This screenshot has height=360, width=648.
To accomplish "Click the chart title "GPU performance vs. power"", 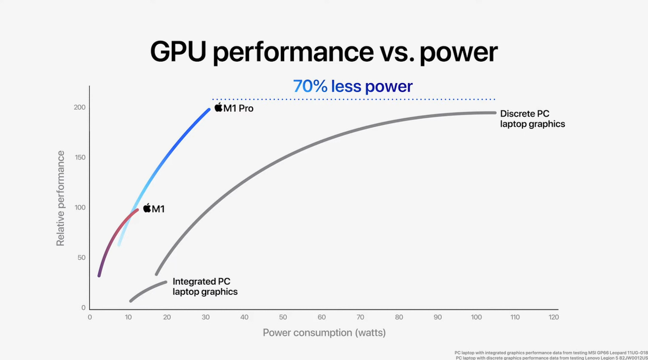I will tap(323, 52).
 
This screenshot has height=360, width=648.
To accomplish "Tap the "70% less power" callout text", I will tap(353, 86).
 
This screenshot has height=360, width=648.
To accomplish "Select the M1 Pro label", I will tap(239, 108).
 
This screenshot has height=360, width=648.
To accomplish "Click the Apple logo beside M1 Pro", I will tap(218, 107).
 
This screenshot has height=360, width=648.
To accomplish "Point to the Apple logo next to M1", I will tap(146, 208).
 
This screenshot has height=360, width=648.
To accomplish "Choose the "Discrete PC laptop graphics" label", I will tap(532, 119).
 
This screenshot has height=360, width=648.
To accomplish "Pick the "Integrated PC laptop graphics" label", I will tap(205, 287).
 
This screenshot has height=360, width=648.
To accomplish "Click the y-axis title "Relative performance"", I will tap(60, 199).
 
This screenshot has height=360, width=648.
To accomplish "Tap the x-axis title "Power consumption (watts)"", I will tap(324, 332).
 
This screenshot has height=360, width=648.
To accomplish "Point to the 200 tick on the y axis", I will tap(80, 107).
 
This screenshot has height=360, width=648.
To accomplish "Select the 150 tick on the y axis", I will tap(80, 158).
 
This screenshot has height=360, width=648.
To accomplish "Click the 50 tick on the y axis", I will tap(82, 257).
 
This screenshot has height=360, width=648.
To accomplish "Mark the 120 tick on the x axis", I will tap(553, 317).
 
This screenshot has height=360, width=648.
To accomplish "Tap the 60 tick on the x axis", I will tap(322, 317).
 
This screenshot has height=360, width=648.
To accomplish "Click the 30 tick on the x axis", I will tap(206, 317).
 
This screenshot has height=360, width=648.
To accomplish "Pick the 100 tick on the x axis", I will tap(476, 317).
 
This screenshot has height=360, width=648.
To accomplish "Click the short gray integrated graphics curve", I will tap(148, 290).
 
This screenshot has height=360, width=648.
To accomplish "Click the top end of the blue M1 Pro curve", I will tap(208, 110).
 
